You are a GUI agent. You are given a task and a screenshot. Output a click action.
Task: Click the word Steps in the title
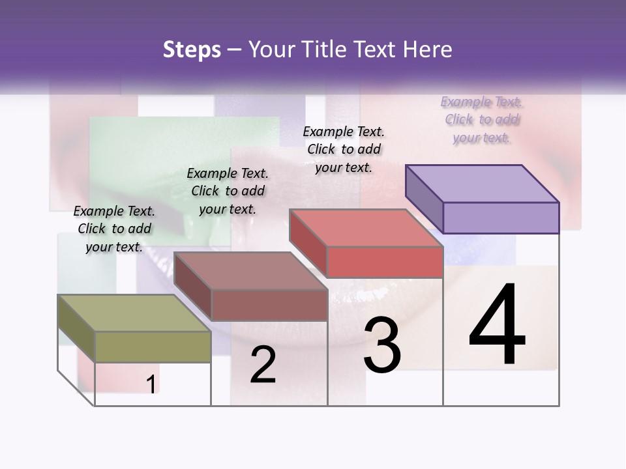point(192,50)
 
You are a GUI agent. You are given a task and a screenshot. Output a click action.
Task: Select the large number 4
point(497,326)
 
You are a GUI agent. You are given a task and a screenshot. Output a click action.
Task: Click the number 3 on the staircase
point(382,345)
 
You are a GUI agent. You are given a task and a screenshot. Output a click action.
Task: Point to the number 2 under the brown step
point(263,365)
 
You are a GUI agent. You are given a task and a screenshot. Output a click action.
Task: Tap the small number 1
point(151,384)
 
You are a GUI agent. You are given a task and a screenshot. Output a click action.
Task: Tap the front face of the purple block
point(501,218)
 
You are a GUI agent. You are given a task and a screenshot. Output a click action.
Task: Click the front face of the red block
point(385,262)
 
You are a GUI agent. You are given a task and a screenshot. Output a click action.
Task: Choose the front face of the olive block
point(153,347)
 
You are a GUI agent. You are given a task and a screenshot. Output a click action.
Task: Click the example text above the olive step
point(114,229)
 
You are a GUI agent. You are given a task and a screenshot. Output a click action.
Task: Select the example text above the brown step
point(228,191)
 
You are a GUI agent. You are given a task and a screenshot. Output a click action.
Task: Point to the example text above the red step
point(344,149)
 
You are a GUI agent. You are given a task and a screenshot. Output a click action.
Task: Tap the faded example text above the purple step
point(482,119)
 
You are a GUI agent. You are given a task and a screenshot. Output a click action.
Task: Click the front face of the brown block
point(269,305)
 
